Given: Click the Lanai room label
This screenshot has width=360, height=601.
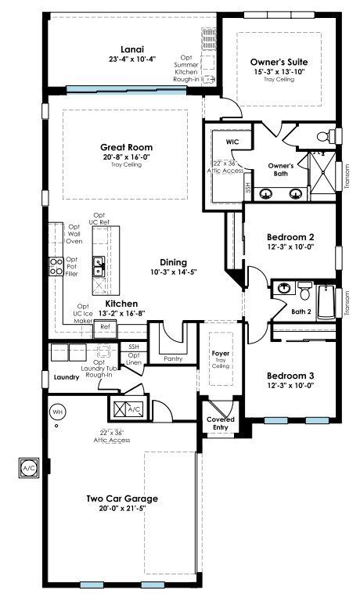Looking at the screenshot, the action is [x=132, y=49].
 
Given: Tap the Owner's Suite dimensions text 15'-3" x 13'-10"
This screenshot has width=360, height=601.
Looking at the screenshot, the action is [x=279, y=72].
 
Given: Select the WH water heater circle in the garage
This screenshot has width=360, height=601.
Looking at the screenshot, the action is [x=57, y=412].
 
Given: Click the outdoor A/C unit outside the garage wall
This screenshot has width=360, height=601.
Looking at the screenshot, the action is [x=29, y=468].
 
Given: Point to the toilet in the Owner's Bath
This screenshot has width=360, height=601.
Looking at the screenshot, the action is [x=326, y=136].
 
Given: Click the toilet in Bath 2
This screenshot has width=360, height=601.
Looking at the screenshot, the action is [x=305, y=290].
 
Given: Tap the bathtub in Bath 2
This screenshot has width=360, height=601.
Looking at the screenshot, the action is [x=326, y=302].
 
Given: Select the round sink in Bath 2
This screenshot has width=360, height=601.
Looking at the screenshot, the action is [x=284, y=288].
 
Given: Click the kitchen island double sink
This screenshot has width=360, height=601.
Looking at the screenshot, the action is [x=99, y=266].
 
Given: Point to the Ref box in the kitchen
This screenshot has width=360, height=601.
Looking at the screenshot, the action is [x=105, y=327].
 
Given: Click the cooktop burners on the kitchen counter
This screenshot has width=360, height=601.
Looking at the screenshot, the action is [x=56, y=266].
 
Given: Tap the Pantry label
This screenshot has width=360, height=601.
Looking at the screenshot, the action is [x=173, y=358].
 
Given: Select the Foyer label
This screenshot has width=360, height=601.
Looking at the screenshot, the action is [x=221, y=353].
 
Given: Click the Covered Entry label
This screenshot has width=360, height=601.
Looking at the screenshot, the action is [x=221, y=423].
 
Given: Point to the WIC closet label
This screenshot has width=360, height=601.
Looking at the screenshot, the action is [x=232, y=142].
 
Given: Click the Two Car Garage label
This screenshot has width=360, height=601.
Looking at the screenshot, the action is [x=122, y=498].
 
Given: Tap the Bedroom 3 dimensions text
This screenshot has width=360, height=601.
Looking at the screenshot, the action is [x=290, y=386].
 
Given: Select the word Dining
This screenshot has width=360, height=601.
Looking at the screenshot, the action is [x=173, y=263].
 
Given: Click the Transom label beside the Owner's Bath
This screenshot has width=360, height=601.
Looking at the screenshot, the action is [x=347, y=175].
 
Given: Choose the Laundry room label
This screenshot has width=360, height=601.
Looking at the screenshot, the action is [x=67, y=377].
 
